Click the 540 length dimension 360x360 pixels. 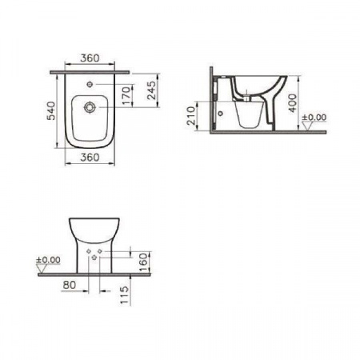[x=51, y=110]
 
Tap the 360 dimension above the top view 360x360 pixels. [x=90, y=58]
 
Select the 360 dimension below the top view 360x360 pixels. [x=90, y=158]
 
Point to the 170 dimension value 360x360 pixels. [x=127, y=95]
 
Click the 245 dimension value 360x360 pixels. [x=151, y=90]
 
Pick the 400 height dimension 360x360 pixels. [x=293, y=103]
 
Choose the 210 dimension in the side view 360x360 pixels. [x=191, y=116]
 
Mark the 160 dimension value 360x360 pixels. [x=144, y=262]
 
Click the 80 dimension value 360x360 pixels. [x=70, y=285]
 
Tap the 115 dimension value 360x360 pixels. [x=125, y=295]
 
